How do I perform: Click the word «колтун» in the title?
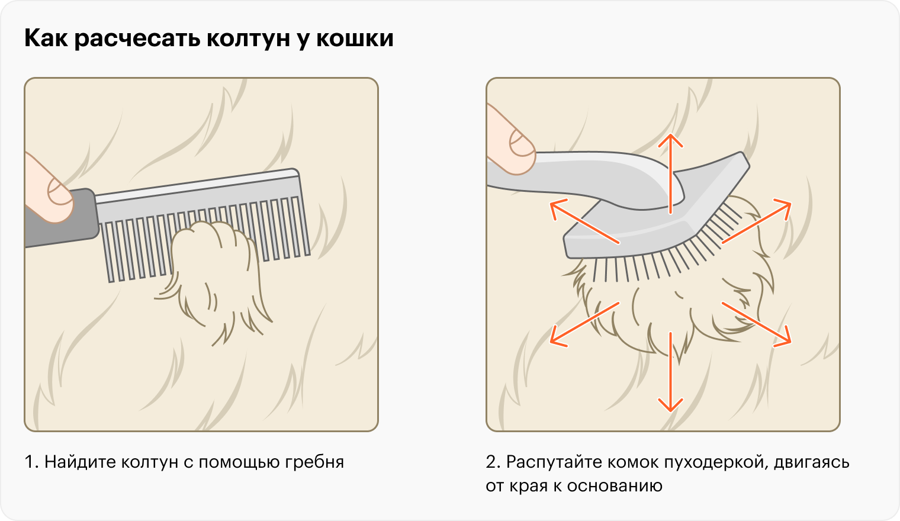pyautogui.click(x=248, y=38)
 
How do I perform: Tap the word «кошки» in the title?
pyautogui.click(x=355, y=38)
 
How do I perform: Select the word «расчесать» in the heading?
pyautogui.click(x=137, y=39)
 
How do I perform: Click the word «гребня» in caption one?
pyautogui.click(x=314, y=462)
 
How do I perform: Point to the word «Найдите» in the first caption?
pyautogui.click(x=80, y=462)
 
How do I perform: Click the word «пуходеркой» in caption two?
pyautogui.click(x=716, y=462)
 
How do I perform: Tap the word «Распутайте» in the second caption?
pyautogui.click(x=554, y=462)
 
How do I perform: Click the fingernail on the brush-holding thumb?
pyautogui.click(x=522, y=144)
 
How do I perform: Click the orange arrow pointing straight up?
pyautogui.click(x=671, y=173)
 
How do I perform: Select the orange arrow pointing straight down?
pyautogui.click(x=671, y=372)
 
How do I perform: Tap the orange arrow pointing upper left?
pyautogui.click(x=584, y=221)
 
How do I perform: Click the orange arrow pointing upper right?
pyautogui.click(x=757, y=221)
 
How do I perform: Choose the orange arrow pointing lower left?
pyautogui.click(x=584, y=324)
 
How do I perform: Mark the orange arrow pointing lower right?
pyautogui.click(x=757, y=324)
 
